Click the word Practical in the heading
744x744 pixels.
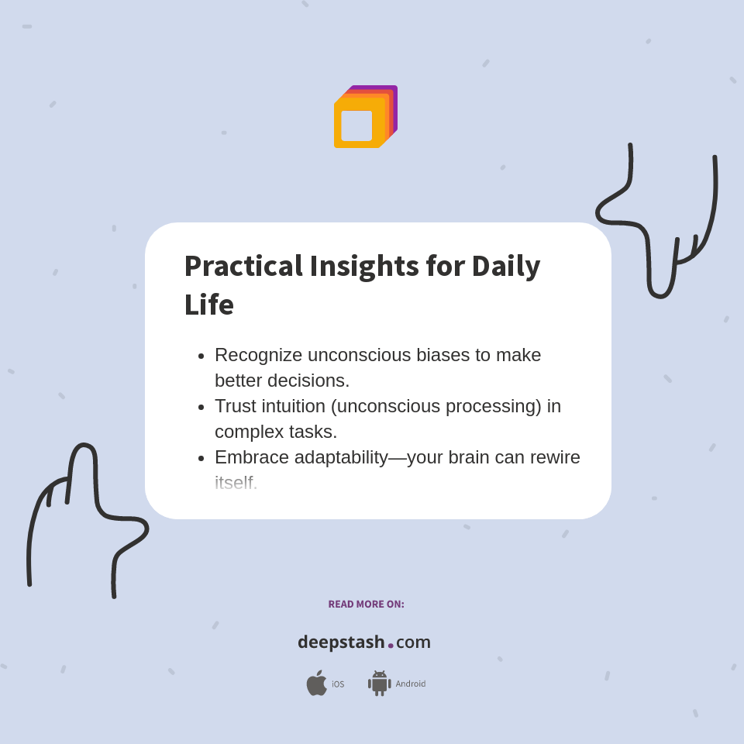[243, 267]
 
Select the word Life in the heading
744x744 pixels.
[208, 305]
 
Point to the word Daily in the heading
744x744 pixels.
[505, 267]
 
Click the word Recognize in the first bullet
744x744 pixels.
[258, 355]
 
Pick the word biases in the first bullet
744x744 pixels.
[442, 355]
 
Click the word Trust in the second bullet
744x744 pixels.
[236, 406]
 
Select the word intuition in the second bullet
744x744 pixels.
[298, 406]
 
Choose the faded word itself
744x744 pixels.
[236, 483]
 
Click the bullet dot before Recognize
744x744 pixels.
[201, 356]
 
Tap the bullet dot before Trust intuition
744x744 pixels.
[201, 408]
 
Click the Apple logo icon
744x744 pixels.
[316, 684]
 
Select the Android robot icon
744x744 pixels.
[379, 684]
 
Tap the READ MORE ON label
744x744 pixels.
[366, 604]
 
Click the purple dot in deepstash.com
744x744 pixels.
[391, 646]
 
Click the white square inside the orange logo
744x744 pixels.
[356, 126]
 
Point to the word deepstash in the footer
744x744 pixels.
[341, 642]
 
